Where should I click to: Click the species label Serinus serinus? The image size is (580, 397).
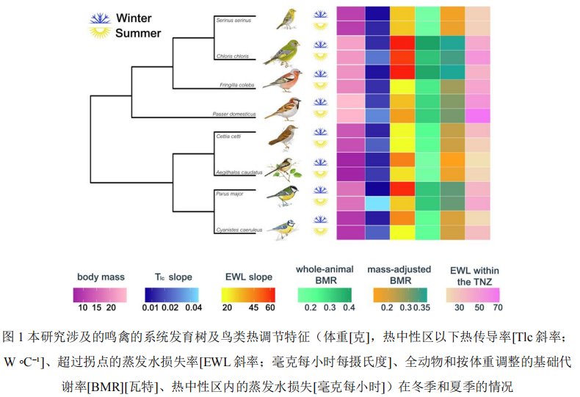click(233, 21)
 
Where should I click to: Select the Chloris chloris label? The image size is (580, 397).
click(233, 56)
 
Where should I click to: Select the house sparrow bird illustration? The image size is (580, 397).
click(283, 109)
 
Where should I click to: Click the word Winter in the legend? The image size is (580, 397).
click(136, 18)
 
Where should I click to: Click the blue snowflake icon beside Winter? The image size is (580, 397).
click(98, 18)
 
